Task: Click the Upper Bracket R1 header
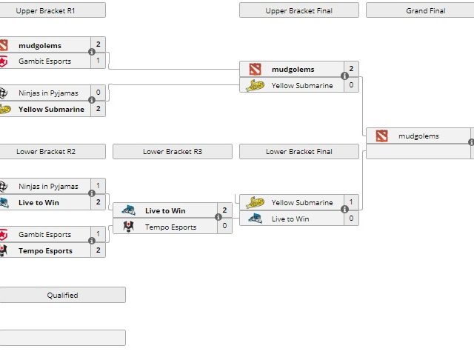point(46,10)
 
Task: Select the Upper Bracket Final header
point(298,10)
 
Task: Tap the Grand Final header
point(421,10)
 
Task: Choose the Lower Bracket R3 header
point(172,151)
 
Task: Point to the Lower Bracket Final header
point(298,151)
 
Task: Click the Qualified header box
point(62,295)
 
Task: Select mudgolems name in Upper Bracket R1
point(40,45)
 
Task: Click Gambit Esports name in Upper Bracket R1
point(44,61)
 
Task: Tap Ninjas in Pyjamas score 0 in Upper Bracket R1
point(98,93)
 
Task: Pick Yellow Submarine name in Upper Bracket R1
point(51,109)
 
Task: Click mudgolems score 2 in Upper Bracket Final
point(351,69)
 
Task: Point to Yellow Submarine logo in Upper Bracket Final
point(256,85)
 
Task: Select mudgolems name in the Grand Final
point(418,136)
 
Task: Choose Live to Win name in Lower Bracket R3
point(165,211)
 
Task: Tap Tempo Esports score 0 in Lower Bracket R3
point(224,227)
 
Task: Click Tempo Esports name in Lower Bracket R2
point(45,250)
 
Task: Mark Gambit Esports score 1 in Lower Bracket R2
point(98,234)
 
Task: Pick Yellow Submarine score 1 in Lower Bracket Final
point(351,202)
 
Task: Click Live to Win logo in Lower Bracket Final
point(256,219)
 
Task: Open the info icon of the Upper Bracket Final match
point(344,76)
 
